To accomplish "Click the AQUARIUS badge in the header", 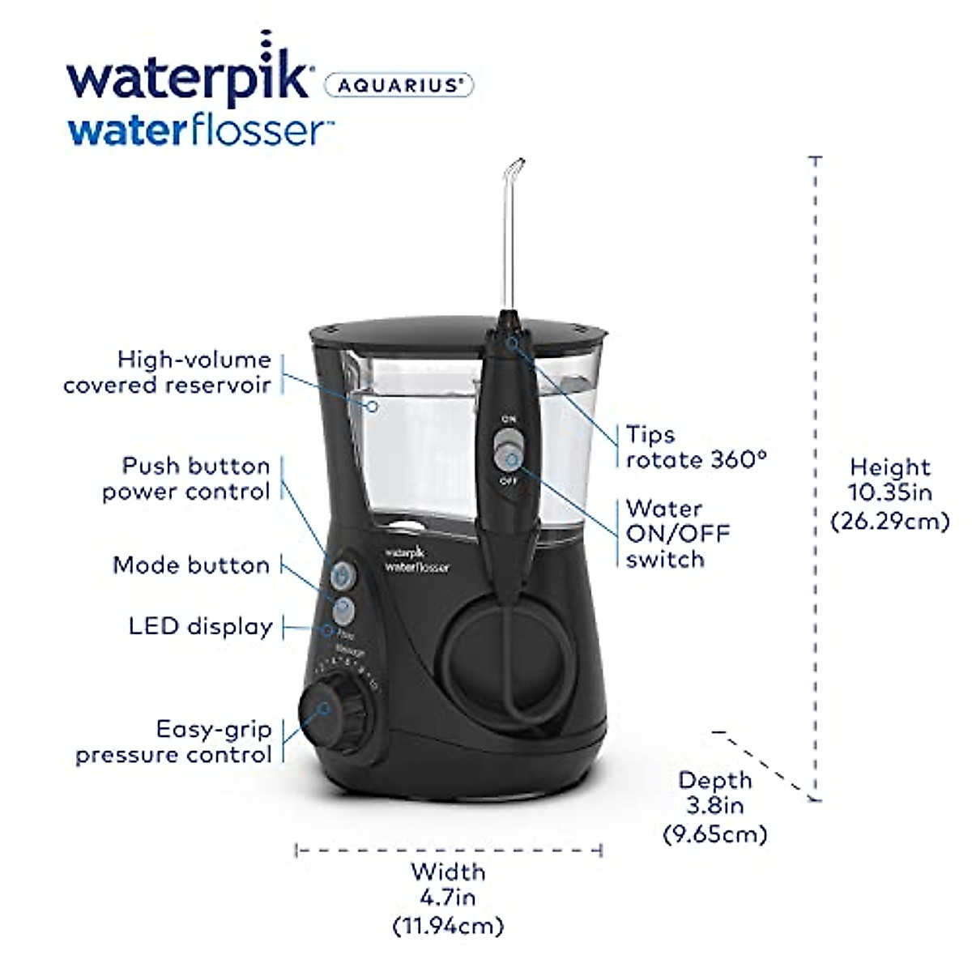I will coord(399,85).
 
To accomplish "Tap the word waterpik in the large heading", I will coord(188,77).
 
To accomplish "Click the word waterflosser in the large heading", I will coord(201,130).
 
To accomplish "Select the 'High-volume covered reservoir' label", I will coord(168,372).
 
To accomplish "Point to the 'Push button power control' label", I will coord(186,479).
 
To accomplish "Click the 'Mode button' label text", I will coord(191,565).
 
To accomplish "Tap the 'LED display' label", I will coord(200,626).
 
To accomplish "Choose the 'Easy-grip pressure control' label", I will coord(174,741).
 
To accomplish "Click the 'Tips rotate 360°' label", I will coord(695,447).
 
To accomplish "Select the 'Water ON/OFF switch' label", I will coord(677,534).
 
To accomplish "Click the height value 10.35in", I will coord(890,492).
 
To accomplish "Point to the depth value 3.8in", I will coord(715,806).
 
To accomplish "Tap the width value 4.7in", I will coord(448,897).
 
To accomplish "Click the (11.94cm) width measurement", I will coord(448,924).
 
